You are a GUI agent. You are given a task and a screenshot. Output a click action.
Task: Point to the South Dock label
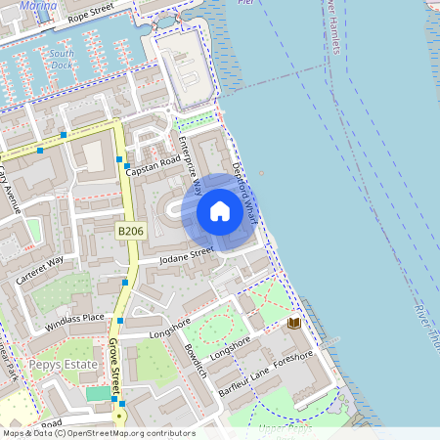[x=62, y=60]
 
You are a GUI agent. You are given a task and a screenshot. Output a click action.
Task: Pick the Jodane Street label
[x=187, y=253]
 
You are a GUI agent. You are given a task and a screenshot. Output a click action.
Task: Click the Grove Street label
[x=114, y=363]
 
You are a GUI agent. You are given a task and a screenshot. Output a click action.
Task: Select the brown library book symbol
[x=294, y=323]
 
